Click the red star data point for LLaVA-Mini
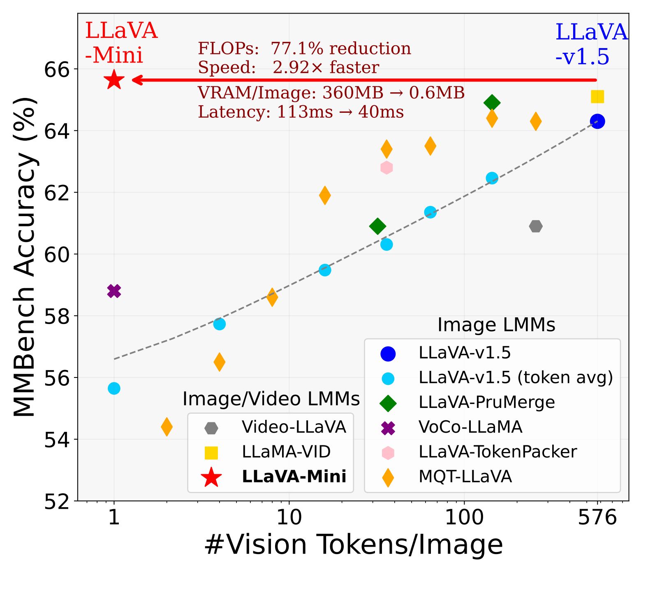[x=114, y=80]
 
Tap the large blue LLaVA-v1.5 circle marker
[x=597, y=121]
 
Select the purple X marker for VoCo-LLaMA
[x=114, y=291]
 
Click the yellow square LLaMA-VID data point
[x=597, y=97]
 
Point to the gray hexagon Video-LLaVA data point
[x=535, y=226]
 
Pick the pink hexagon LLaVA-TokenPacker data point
[x=386, y=168]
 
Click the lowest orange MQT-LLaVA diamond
[x=167, y=426]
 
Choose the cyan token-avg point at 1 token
[x=114, y=388]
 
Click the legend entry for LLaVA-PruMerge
[x=486, y=402]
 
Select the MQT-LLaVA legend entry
[x=465, y=476]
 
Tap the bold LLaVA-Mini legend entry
[x=294, y=476]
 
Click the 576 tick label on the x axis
[x=597, y=517]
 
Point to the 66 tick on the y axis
[x=57, y=70]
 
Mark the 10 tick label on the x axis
[x=289, y=517]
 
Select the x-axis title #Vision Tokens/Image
[x=354, y=544]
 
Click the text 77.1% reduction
[x=341, y=49]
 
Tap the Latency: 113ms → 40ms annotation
[x=301, y=112]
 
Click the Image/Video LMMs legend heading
[x=271, y=398]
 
